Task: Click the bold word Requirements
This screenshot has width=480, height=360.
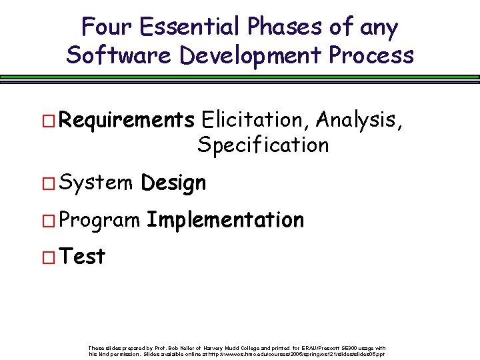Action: (x=127, y=121)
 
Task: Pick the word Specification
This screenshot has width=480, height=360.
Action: (x=263, y=145)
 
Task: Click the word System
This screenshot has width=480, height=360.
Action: (x=95, y=183)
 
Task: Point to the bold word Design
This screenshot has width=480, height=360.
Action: (x=174, y=183)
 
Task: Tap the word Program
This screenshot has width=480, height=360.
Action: (x=99, y=221)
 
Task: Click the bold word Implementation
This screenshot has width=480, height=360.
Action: (x=225, y=219)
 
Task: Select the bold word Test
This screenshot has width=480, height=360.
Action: (x=82, y=256)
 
